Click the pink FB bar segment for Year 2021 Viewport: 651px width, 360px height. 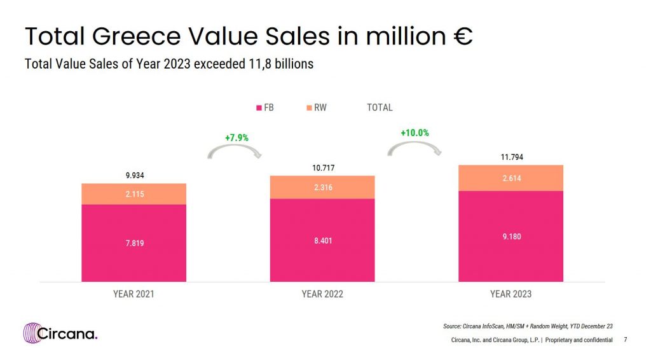coord(134,243)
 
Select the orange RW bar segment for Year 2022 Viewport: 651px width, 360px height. coord(322,187)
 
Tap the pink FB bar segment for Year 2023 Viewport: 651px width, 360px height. coord(511,236)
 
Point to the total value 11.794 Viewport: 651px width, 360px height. coord(511,157)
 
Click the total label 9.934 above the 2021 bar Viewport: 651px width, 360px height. coord(134,176)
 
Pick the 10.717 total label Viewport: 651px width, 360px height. coord(322,168)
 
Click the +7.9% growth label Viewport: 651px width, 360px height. coord(236,137)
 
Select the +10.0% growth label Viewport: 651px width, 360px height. coord(415,133)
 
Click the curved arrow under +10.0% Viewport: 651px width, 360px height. coord(415,149)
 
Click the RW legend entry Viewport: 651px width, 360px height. coord(316,108)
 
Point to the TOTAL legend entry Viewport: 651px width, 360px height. coord(380,108)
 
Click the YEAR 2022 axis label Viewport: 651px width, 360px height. coord(322,294)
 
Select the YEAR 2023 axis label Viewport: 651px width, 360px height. coord(511,294)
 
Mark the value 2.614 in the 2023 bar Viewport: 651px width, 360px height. coord(511,179)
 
